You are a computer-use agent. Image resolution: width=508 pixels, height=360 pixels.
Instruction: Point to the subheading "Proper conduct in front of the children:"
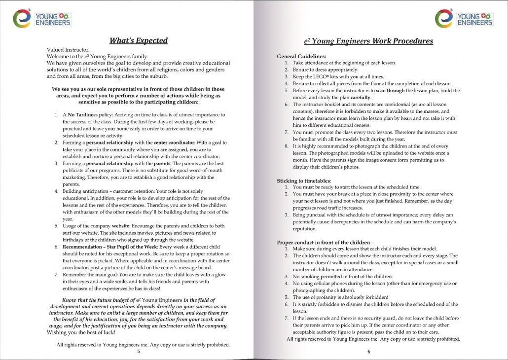(324, 242)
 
